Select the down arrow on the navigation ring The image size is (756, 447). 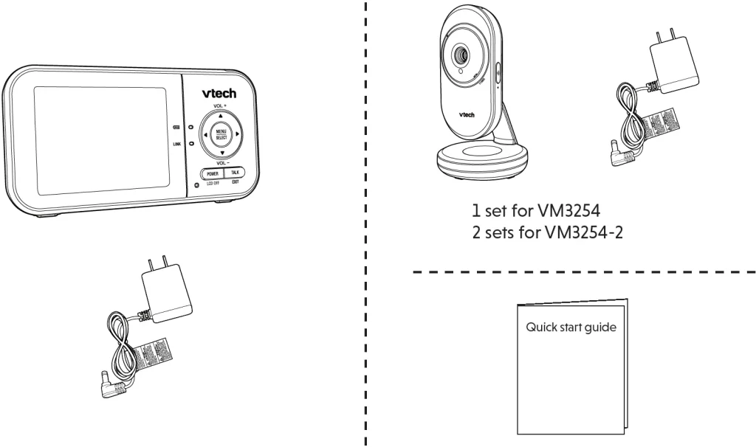point(221,153)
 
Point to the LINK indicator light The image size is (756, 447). point(190,143)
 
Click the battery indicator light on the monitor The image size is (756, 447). point(190,127)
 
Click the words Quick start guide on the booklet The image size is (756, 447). point(571,326)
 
